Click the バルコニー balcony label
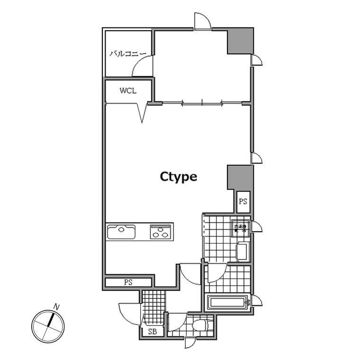[x=127, y=54]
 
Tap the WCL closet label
[x=128, y=90]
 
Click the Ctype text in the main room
[x=178, y=177]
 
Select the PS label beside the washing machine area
[x=243, y=201]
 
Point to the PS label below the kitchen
[x=128, y=282]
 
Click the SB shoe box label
[x=152, y=332]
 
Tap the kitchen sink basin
[x=122, y=232]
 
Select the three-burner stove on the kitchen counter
[x=161, y=232]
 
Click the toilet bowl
[x=201, y=325]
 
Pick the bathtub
[x=228, y=302]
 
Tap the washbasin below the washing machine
[x=241, y=251]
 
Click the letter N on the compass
[x=57, y=307]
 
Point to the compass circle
[x=48, y=327]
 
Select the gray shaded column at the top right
[x=241, y=42]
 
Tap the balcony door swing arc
[x=142, y=66]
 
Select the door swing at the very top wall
[x=202, y=21]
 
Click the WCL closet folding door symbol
[x=142, y=113]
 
